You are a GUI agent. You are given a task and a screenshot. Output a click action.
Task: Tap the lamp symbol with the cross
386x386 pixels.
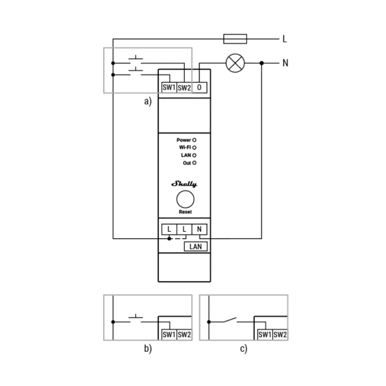[235, 63]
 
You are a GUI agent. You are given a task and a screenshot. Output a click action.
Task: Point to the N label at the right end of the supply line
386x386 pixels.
[285, 63]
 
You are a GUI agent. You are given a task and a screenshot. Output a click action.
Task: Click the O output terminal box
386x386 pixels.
[199, 87]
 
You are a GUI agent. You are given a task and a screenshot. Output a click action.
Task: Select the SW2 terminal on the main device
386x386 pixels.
[184, 87]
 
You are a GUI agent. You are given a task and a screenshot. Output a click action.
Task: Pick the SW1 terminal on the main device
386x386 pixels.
[168, 87]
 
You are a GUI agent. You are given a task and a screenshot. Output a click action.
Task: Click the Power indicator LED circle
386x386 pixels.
[194, 139]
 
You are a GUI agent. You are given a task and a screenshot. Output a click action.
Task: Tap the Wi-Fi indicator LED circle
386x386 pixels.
[194, 147]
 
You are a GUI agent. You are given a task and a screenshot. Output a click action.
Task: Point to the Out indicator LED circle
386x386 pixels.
[194, 163]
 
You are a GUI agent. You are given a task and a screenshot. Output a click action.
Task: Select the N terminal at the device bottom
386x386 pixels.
[199, 229]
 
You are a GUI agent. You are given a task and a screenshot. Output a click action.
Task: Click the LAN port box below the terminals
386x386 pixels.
[196, 247]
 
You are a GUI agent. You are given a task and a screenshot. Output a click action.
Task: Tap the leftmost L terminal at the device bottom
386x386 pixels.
[169, 229]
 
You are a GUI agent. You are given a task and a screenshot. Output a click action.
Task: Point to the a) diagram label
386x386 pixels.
[148, 101]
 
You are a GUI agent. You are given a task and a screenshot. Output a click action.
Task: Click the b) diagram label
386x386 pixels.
[148, 349]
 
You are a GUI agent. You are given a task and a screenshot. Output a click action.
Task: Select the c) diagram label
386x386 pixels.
[244, 349]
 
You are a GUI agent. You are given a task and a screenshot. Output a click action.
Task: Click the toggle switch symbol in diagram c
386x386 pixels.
[231, 320]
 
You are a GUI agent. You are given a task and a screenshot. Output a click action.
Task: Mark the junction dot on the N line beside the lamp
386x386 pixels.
[262, 63]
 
